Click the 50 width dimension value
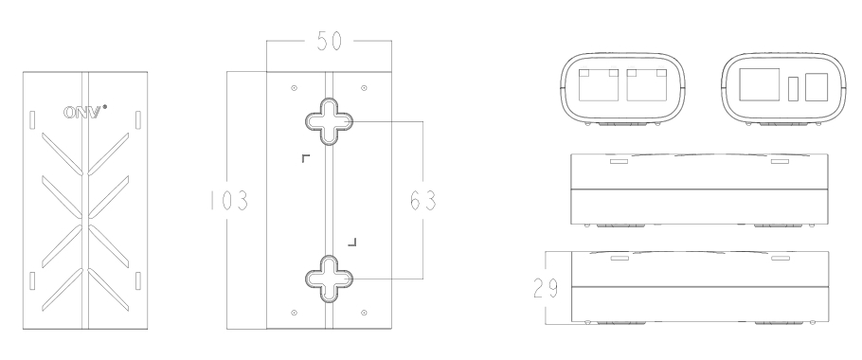coord(330,42)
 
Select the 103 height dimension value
coord(229,201)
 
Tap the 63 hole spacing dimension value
coord(423,201)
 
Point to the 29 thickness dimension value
coord(546,288)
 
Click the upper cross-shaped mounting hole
coord(329,121)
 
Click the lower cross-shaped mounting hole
coord(329,279)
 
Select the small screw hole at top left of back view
coord(294,88)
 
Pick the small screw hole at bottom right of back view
coord(364,313)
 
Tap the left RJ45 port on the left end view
coord(599,84)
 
